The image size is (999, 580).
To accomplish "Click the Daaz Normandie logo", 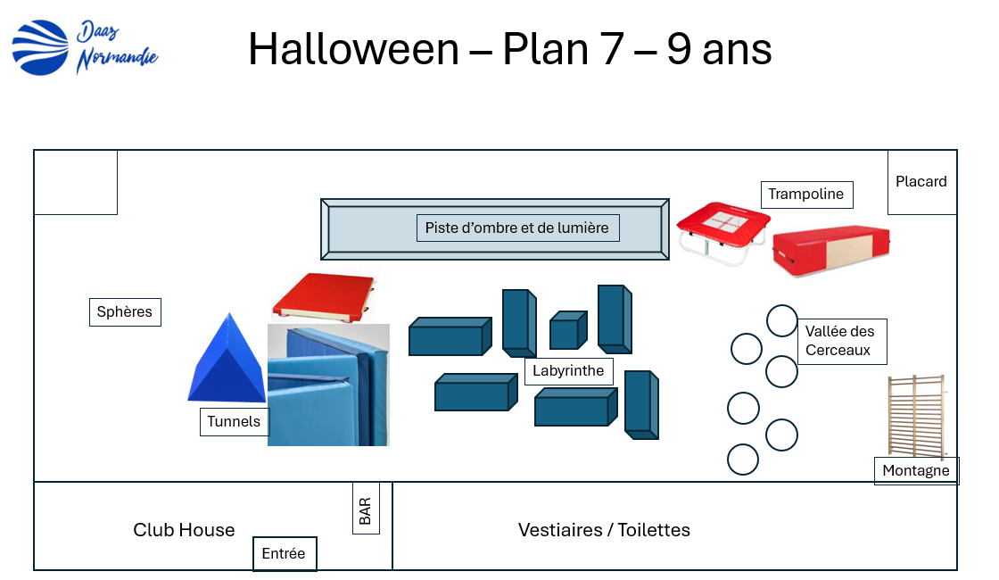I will point(84,48).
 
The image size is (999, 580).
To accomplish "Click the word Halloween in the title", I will point(353,49).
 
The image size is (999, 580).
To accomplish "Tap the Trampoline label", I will point(806,195).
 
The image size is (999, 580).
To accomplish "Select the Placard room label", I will point(921,181).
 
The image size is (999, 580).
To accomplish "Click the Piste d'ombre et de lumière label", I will point(516,228).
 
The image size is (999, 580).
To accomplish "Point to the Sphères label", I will point(125,312).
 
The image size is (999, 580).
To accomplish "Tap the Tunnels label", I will point(234,421).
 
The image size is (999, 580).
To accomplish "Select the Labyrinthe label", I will point(568,370).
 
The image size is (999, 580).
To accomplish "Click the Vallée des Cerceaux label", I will point(840,341).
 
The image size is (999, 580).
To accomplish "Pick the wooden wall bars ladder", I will point(915,415).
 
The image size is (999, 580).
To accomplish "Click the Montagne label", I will point(916,470).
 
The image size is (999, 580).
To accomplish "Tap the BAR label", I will point(365,510).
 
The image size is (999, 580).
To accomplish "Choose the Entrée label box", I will point(284,553).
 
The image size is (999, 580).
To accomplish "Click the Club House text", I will point(184,530).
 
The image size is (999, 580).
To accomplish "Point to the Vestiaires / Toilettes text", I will point(604,530).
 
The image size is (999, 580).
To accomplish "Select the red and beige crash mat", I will point(830,251).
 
